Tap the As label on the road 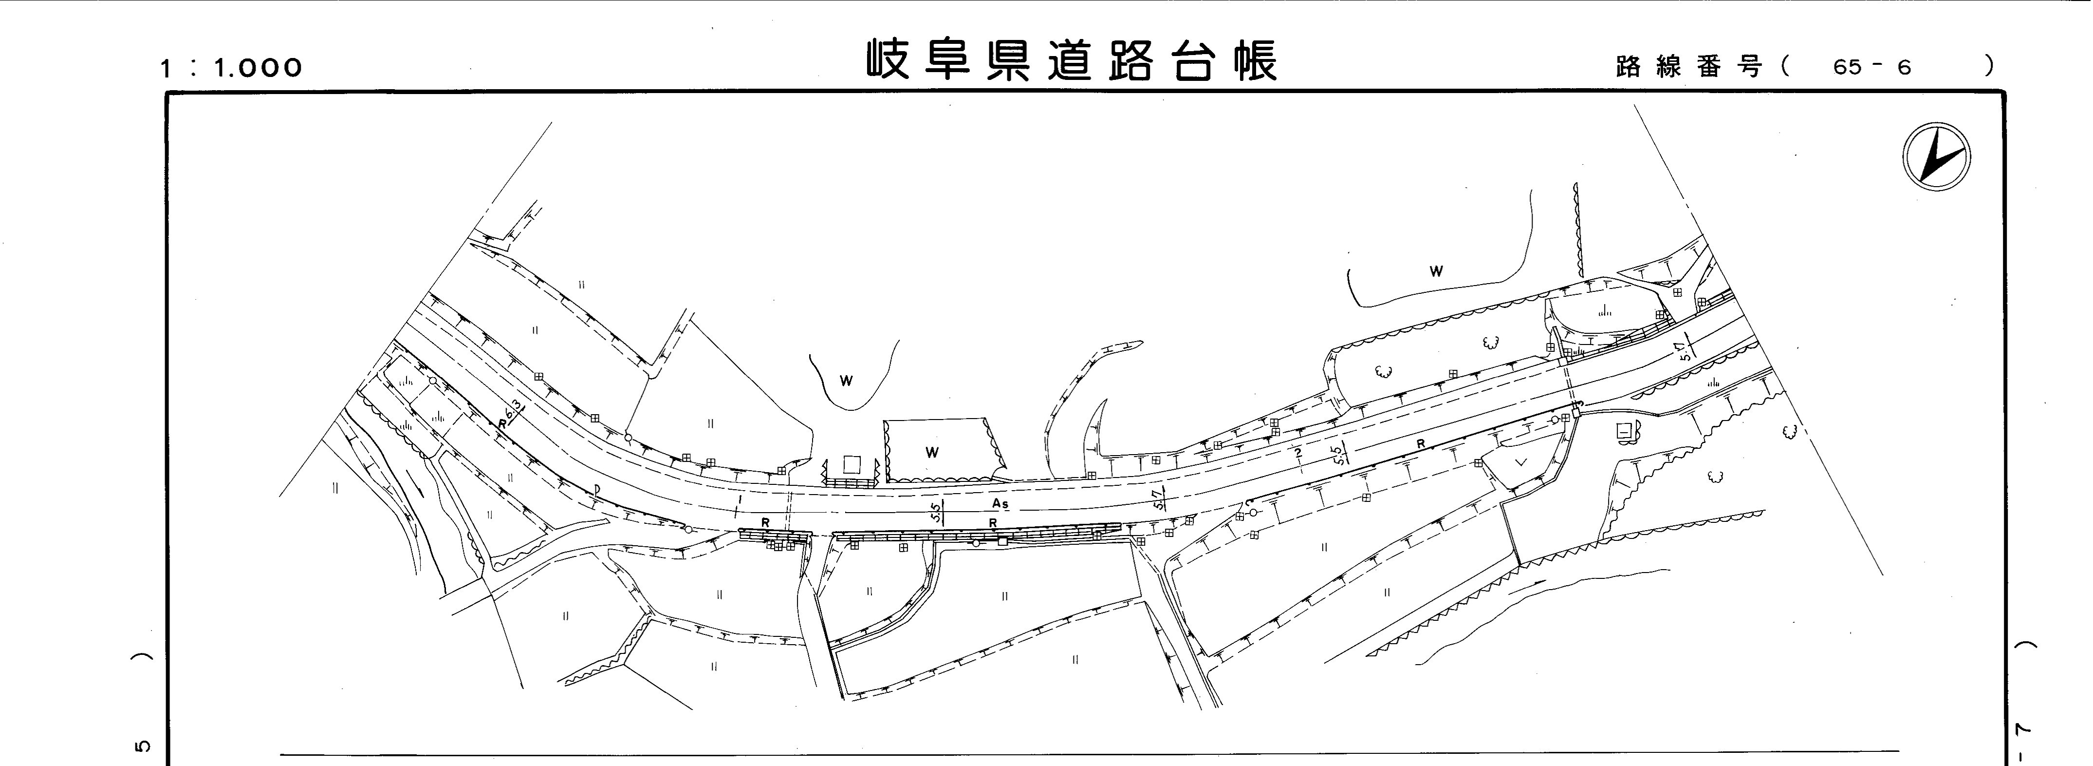point(1000,504)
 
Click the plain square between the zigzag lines point(852,464)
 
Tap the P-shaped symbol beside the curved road point(597,489)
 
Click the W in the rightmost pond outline point(1436,271)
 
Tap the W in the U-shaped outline point(846,381)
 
